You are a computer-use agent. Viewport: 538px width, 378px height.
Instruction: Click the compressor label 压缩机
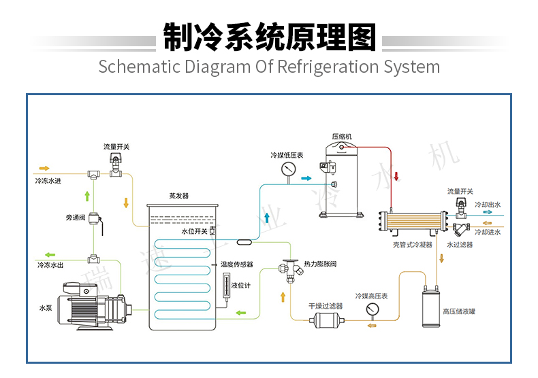pos(342,137)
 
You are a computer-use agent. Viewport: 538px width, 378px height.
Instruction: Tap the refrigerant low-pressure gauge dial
pos(288,169)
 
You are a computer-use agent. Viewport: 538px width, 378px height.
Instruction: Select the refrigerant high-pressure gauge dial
pos(372,309)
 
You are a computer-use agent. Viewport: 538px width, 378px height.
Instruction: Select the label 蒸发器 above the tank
pos(178,196)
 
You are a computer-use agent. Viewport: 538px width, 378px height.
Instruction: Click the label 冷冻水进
pos(48,182)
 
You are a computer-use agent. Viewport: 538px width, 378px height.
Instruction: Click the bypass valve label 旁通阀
pos(76,218)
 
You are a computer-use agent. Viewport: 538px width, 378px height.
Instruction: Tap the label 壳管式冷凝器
pos(413,245)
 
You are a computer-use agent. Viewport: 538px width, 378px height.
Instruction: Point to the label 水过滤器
pos(460,245)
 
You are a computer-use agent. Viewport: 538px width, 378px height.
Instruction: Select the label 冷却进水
pos(488,233)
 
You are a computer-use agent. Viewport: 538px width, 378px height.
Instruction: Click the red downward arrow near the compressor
pos(396,178)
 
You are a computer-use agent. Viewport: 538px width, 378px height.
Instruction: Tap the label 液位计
pos(241,286)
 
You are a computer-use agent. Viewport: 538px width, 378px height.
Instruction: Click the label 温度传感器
pos(237,264)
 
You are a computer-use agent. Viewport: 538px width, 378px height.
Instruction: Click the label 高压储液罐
pos(459,312)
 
